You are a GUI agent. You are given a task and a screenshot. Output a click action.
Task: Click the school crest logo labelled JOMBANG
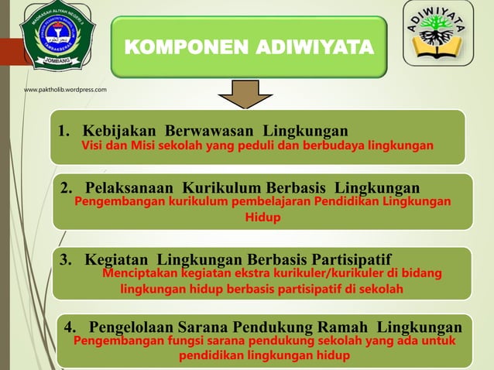[57, 36]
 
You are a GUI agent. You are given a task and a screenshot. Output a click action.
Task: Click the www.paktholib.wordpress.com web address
[65, 91]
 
